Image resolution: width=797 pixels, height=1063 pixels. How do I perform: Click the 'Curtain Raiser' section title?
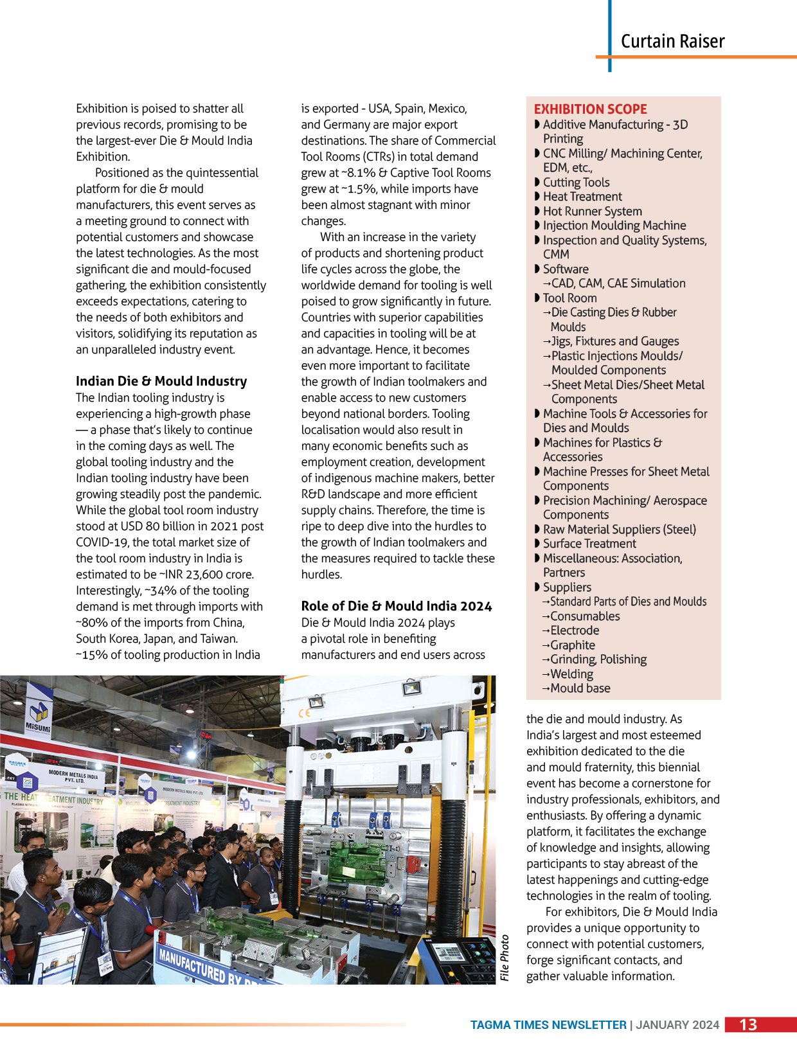672,42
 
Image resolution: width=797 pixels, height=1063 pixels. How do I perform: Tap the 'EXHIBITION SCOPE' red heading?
590,109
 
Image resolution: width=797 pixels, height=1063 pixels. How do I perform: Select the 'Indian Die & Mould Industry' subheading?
161,381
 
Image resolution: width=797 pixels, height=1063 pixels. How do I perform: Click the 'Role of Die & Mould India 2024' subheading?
396,606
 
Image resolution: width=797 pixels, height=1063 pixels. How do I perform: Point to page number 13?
748,1024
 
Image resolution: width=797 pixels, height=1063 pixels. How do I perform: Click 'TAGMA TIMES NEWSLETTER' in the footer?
548,1025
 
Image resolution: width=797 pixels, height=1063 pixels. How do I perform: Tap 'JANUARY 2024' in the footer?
677,1025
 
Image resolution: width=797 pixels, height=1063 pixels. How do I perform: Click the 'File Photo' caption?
505,957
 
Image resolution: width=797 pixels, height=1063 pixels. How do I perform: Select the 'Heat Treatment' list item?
582,197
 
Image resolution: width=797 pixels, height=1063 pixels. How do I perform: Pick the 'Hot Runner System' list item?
592,211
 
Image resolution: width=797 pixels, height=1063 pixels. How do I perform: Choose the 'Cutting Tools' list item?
576,183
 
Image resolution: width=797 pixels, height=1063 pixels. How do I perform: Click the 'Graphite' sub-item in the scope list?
572,645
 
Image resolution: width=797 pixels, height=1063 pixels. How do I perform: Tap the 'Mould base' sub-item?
580,688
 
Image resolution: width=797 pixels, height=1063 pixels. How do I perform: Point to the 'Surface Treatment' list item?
589,544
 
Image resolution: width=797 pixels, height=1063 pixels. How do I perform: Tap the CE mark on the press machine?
305,713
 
